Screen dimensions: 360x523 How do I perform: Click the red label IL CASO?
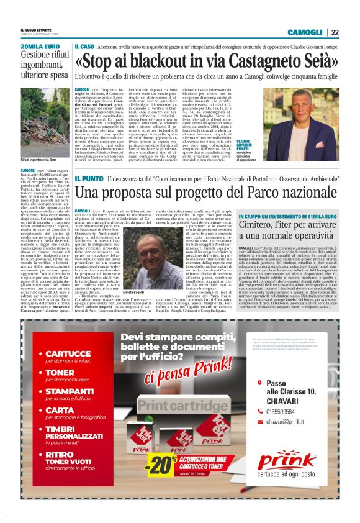pyautogui.click(x=84, y=47)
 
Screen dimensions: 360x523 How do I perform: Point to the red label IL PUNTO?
pyautogui.click(x=86, y=179)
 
